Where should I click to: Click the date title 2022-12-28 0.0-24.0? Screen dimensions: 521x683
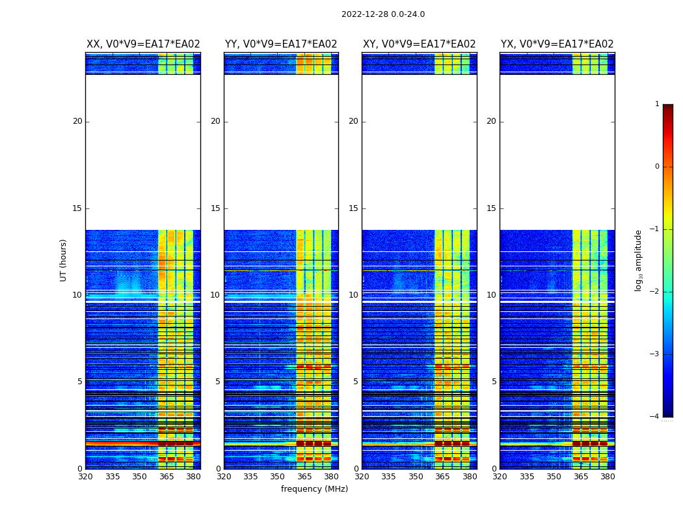(382, 14)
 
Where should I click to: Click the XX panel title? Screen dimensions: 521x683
(143, 44)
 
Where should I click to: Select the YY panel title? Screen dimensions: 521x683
(281, 44)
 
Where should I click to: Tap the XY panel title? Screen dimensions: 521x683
(419, 44)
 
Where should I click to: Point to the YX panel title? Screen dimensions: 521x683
(557, 44)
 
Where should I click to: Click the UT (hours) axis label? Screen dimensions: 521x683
(64, 260)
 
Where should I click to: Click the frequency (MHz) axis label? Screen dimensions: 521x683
(314, 489)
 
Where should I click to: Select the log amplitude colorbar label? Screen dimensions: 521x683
(639, 260)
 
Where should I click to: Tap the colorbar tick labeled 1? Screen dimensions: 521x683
(657, 104)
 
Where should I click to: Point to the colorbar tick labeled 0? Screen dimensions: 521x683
(657, 167)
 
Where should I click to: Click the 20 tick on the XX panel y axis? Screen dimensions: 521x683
(77, 121)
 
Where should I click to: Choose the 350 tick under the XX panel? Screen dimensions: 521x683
(139, 477)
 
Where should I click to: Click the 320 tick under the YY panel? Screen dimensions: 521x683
(224, 477)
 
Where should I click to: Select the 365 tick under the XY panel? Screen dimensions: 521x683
(442, 477)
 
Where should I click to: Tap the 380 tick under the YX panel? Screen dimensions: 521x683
(608, 477)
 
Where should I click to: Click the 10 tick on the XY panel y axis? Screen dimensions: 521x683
(353, 295)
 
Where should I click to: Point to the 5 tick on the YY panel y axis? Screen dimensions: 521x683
(218, 382)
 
